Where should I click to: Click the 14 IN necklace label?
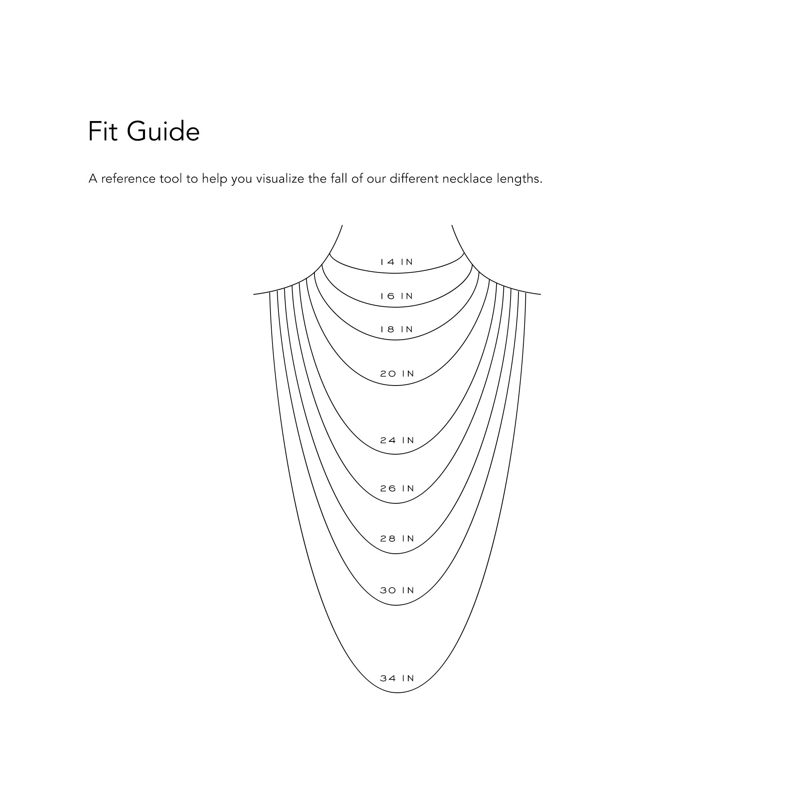[x=397, y=262]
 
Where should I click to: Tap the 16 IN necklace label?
[x=397, y=296]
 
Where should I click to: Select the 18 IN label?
[x=397, y=330]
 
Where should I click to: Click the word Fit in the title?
[x=103, y=132]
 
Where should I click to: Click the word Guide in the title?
[x=163, y=132]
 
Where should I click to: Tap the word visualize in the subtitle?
[x=281, y=179]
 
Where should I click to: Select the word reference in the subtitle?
[x=128, y=179]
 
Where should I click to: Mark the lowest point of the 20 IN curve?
[x=396, y=386]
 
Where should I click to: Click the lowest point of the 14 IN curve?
[x=396, y=273]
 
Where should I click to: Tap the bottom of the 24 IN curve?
[x=396, y=455]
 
